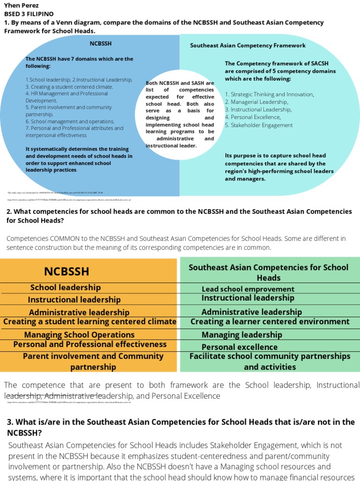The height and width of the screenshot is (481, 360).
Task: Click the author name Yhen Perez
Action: click(x=21, y=6)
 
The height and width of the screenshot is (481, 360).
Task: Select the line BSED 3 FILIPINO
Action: click(x=29, y=14)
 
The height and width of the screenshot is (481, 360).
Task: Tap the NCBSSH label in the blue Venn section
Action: click(x=100, y=44)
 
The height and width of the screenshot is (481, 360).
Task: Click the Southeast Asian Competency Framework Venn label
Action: click(x=247, y=46)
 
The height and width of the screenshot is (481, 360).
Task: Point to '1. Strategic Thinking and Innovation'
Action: click(x=269, y=94)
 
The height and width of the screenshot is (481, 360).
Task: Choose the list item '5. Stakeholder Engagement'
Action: click(x=259, y=125)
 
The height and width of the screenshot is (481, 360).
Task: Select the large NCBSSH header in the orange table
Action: click(x=67, y=272)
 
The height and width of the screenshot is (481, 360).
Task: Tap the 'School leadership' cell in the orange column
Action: click(x=66, y=287)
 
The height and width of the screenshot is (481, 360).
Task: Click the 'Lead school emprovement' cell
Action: click(x=248, y=289)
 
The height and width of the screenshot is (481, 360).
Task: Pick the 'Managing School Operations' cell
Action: click(x=79, y=335)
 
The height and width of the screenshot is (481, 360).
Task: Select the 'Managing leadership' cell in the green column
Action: click(x=242, y=334)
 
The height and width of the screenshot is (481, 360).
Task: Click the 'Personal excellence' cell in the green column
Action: click(x=240, y=347)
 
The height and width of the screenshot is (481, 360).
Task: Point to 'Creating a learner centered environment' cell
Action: click(x=270, y=322)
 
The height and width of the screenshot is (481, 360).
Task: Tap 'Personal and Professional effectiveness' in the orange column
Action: click(x=90, y=344)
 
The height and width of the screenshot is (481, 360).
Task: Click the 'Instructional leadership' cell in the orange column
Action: click(x=74, y=300)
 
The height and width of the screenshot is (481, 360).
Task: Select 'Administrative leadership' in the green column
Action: click(x=252, y=312)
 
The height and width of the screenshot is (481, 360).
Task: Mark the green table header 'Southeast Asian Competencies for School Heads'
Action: click(x=269, y=272)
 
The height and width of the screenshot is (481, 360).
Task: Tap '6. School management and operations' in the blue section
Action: click(x=70, y=121)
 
